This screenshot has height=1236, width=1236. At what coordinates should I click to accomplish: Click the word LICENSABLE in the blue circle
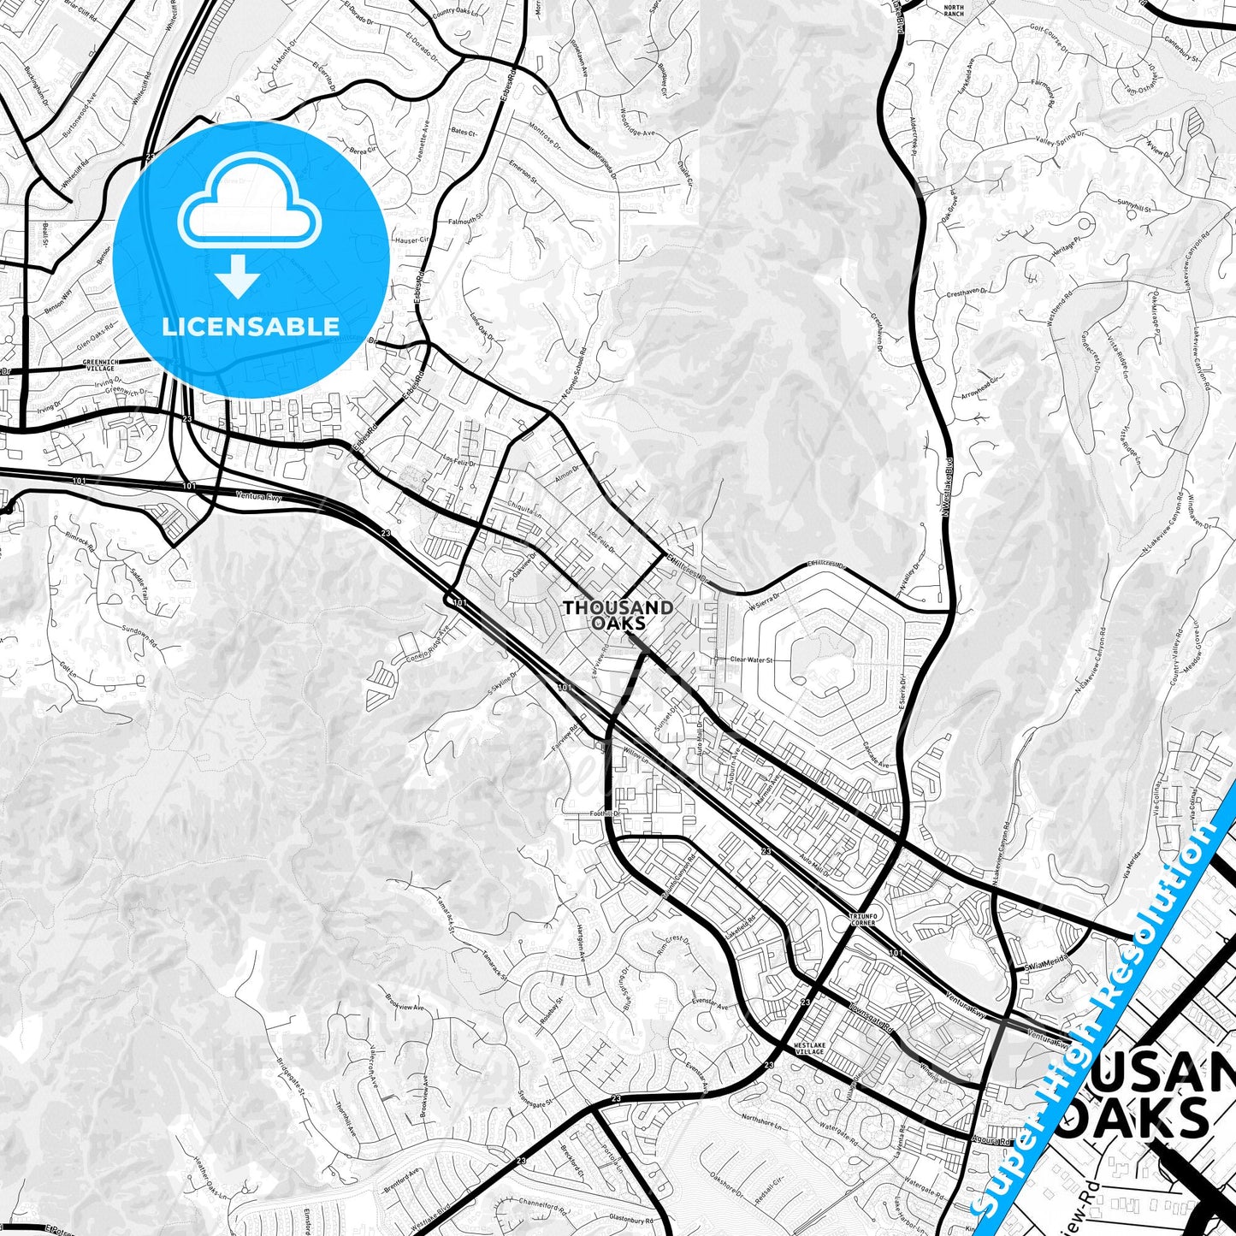click(x=251, y=327)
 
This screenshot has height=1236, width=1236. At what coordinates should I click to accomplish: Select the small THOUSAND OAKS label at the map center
click(x=618, y=615)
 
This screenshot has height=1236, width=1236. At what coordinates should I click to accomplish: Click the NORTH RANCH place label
click(x=954, y=10)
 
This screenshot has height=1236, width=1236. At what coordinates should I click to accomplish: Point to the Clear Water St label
click(x=750, y=659)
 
